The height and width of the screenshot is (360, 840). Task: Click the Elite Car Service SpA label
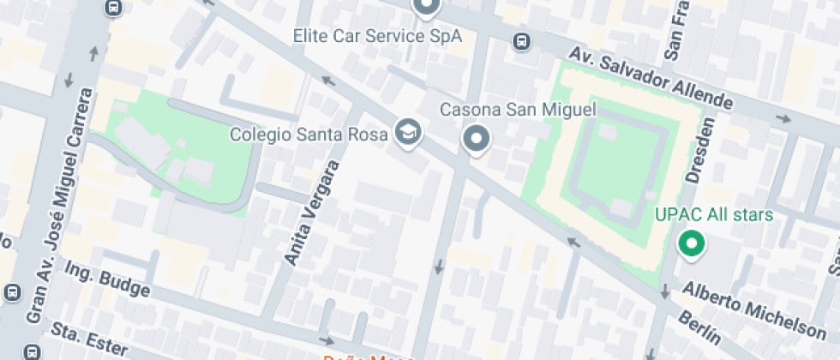pyautogui.click(x=377, y=36)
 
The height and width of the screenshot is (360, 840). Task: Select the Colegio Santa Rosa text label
pyautogui.click(x=310, y=135)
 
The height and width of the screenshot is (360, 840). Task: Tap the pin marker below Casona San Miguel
pyautogui.click(x=476, y=139)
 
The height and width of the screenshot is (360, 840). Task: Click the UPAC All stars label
pyautogui.click(x=714, y=215)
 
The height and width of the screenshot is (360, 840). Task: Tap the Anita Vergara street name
pyautogui.click(x=311, y=212)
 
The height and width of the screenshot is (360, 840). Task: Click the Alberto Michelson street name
pyautogui.click(x=753, y=309)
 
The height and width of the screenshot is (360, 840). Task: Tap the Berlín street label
pyautogui.click(x=699, y=329)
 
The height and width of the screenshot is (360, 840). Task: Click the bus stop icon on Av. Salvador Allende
pyautogui.click(x=520, y=41)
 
